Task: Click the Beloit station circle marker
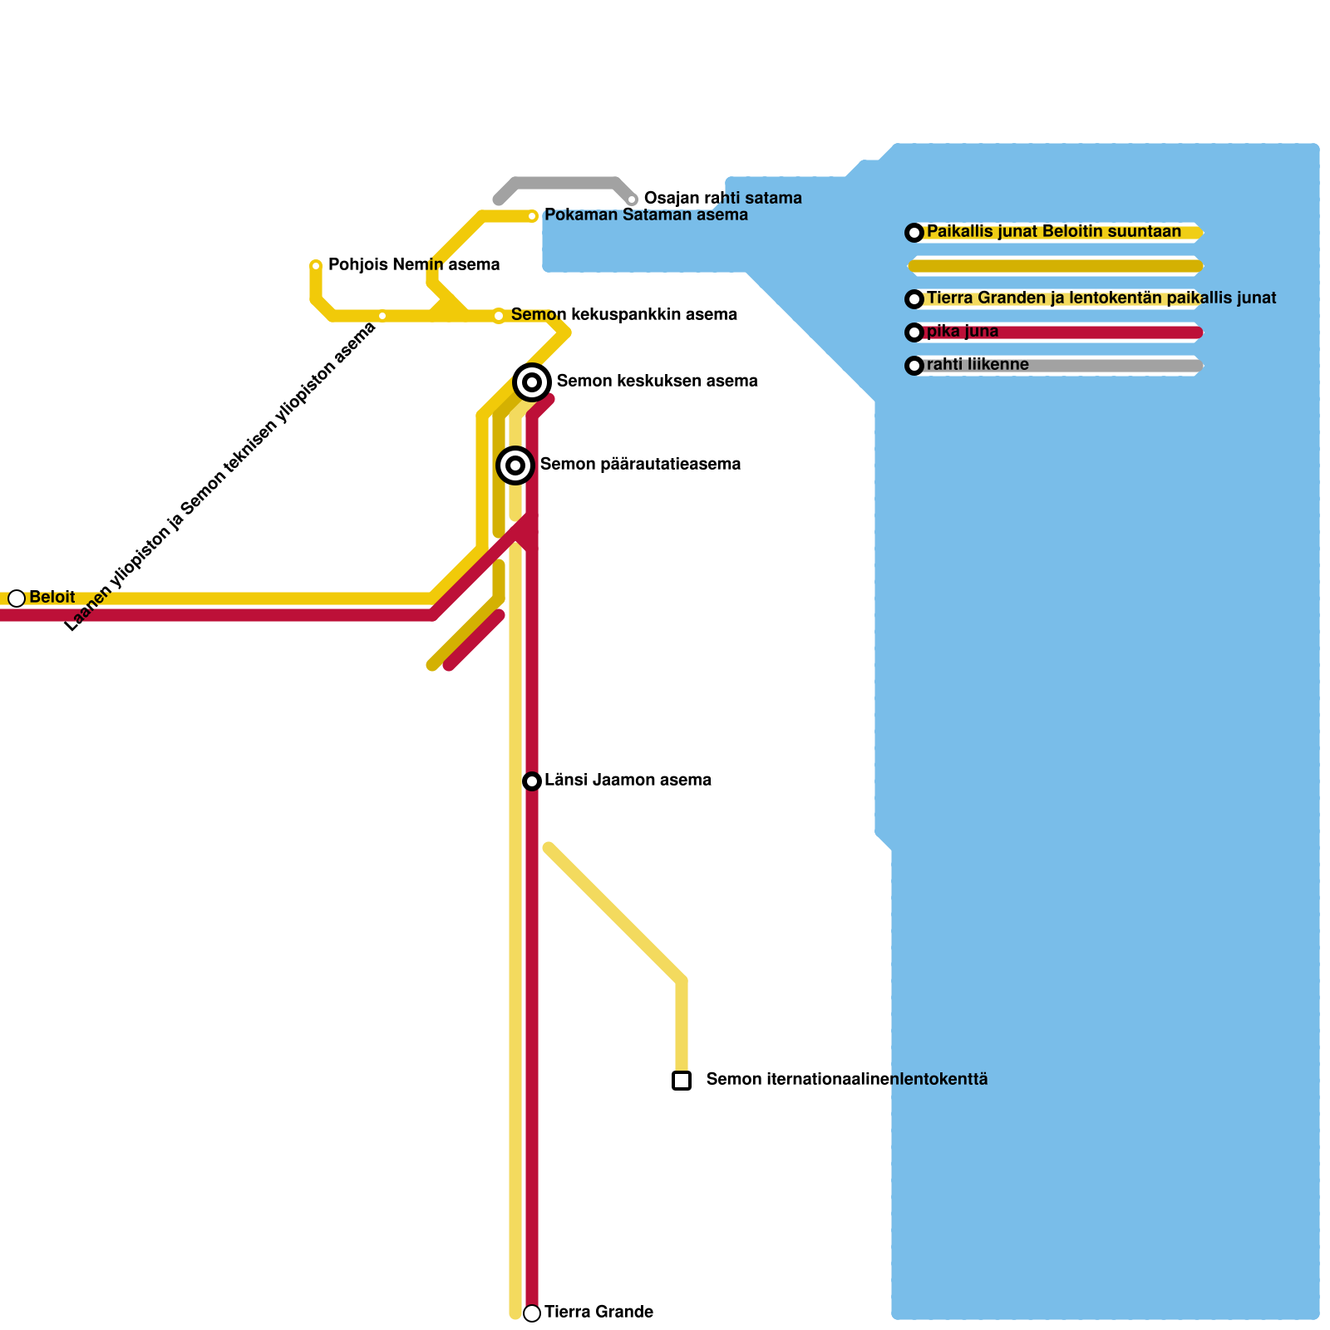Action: click(x=17, y=598)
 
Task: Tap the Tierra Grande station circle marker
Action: click(x=532, y=1313)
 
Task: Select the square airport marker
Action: click(x=682, y=1081)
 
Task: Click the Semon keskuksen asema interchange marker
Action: click(x=532, y=382)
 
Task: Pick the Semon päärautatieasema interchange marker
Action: click(x=515, y=465)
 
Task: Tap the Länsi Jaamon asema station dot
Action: click(x=532, y=781)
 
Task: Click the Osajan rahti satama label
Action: click(x=722, y=199)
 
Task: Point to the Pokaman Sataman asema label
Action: click(x=646, y=215)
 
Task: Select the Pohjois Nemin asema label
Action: click(x=414, y=265)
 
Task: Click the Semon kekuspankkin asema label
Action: click(x=623, y=315)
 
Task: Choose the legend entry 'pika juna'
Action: click(x=963, y=332)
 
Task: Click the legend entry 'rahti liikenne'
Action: click(x=978, y=365)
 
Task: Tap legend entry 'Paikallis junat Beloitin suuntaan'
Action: click(x=1053, y=232)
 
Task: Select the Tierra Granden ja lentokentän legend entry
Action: click(x=1101, y=298)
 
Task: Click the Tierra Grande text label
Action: click(x=598, y=1313)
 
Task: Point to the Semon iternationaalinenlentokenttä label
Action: click(x=847, y=1080)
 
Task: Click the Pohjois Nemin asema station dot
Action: click(x=316, y=266)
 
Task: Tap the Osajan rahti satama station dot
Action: click(x=632, y=199)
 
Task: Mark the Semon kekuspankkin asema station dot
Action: click(x=499, y=316)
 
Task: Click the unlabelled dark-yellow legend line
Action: click(x=1056, y=266)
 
